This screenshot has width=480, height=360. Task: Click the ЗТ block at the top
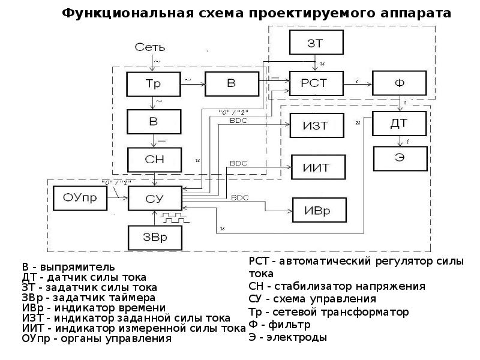click(316, 43)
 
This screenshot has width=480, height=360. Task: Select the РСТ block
click(316, 83)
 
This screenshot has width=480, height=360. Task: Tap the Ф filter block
click(398, 83)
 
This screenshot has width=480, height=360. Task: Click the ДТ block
click(400, 124)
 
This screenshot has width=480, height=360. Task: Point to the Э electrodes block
click(400, 158)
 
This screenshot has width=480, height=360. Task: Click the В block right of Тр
click(231, 83)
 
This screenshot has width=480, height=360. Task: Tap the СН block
click(154, 159)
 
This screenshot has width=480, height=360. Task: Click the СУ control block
click(154, 197)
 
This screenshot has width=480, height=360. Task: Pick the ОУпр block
click(79, 197)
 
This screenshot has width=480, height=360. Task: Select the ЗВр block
click(154, 237)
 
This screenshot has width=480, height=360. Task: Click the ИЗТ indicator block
click(317, 125)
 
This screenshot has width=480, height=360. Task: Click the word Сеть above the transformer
click(149, 47)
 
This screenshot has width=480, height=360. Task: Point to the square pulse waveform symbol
click(178, 214)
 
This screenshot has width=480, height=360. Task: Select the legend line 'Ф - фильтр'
click(280, 325)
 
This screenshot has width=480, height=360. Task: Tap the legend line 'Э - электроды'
click(288, 337)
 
